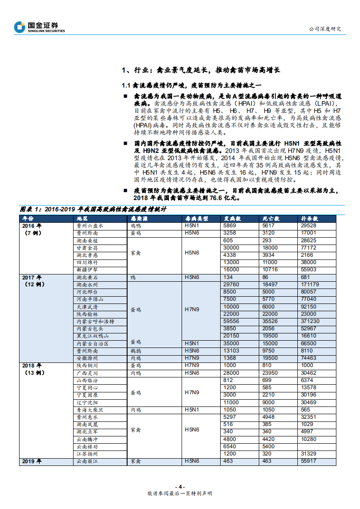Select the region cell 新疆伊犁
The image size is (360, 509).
[x=87, y=269]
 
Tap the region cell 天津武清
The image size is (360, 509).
[x=87, y=307]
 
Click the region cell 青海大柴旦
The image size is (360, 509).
[x=90, y=409]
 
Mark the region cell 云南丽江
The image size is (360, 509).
[x=87, y=461]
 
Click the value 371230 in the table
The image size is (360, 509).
[x=311, y=321]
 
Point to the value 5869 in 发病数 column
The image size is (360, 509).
[x=231, y=225]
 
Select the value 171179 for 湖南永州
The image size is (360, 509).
[x=311, y=284]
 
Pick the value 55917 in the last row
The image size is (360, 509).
[x=309, y=461]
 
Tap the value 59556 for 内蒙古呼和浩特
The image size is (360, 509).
[x=232, y=321]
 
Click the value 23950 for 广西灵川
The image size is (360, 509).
[x=271, y=373]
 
